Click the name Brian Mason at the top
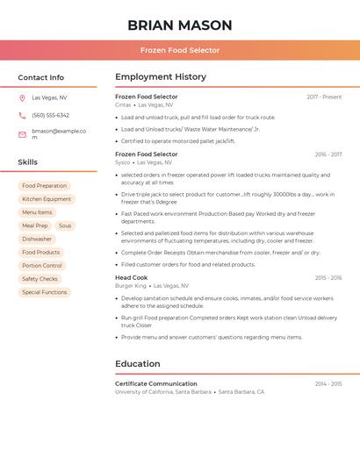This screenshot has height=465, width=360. tap(180, 25)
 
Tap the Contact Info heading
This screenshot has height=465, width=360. tap(41, 77)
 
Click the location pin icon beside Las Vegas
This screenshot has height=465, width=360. tap(22, 97)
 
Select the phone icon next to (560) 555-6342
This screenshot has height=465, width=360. tap(22, 115)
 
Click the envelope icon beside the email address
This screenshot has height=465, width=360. tap(22, 134)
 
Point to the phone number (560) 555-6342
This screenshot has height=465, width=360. tap(50, 115)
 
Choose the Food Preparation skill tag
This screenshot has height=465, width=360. tap(45, 186)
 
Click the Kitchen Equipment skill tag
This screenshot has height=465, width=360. tap(47, 199)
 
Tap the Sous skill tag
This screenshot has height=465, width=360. tap(65, 225)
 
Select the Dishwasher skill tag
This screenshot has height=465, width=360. tap(37, 239)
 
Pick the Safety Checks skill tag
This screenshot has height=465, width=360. tap(40, 279)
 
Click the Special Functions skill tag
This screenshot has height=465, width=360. tap(44, 292)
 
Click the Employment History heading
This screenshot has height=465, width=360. tap(161, 77)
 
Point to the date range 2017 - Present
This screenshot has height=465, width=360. tap(324, 97)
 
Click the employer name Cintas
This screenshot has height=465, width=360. tap(123, 104)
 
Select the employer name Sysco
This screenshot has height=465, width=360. tap(122, 162)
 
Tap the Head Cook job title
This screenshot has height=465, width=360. tap(132, 277)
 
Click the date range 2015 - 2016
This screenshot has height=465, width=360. tap(328, 278)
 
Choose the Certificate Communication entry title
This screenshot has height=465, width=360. tap(156, 383)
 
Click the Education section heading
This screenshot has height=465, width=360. tap(138, 363)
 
